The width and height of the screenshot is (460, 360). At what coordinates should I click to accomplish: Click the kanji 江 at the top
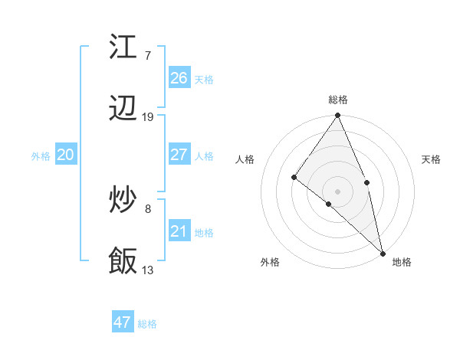(123, 47)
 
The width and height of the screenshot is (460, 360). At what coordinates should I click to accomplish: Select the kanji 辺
(123, 110)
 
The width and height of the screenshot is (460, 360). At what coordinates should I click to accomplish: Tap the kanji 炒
(123, 201)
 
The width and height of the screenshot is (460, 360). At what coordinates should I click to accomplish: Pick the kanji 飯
(123, 261)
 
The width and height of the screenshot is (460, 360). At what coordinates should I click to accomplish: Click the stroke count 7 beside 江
(147, 56)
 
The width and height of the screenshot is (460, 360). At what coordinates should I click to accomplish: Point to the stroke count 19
(148, 117)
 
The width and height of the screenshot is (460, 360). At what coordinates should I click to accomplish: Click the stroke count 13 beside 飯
(148, 270)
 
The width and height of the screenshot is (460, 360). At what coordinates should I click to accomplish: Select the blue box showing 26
(179, 78)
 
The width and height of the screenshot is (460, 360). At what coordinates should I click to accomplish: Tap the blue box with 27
(179, 155)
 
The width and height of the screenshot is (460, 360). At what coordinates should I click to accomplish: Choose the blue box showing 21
(179, 231)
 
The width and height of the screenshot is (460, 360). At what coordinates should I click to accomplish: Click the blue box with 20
(66, 155)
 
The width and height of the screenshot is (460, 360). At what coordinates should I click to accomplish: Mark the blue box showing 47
(123, 322)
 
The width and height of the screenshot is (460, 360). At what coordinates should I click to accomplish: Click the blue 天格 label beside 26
(204, 80)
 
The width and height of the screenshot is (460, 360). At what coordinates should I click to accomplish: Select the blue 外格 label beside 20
(41, 156)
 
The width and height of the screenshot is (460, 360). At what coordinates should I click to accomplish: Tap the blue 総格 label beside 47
(147, 324)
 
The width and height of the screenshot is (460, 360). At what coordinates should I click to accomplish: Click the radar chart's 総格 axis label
(338, 100)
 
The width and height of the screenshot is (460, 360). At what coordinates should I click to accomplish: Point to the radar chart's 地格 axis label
(402, 262)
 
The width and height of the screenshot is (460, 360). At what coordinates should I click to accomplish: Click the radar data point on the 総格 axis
(338, 116)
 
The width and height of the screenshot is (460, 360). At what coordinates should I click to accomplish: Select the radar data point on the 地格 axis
(383, 252)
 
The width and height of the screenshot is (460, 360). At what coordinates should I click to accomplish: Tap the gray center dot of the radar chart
(338, 191)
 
